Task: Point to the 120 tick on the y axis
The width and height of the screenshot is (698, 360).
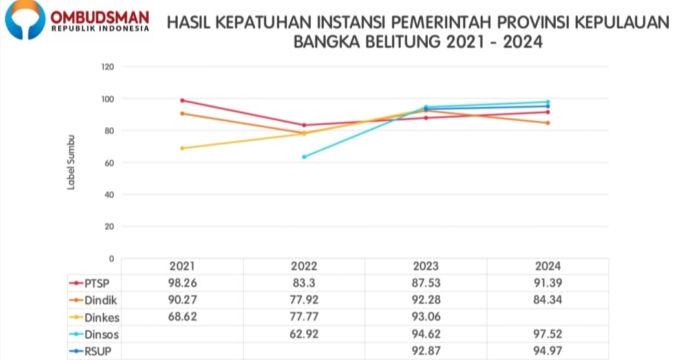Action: pos(107,67)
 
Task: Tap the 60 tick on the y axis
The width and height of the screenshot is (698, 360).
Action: pos(109,162)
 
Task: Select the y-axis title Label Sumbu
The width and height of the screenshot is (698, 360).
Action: pos(72,162)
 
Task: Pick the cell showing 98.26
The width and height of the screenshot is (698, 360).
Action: pos(182,283)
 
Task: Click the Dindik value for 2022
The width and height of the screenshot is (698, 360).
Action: pos(304,300)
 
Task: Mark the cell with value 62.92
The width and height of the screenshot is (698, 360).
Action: pos(304,334)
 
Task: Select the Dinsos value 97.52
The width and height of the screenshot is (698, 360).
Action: pos(547,334)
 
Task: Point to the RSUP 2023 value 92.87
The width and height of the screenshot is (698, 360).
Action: pos(425,352)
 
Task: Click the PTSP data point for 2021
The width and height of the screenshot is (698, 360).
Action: pos(182,101)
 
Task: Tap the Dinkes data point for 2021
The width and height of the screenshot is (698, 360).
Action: pos(182,148)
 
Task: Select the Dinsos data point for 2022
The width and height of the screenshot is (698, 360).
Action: pos(304,157)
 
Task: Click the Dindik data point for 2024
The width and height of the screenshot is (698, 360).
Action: pos(547,123)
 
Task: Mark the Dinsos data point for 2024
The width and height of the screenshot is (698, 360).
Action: pos(547,102)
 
